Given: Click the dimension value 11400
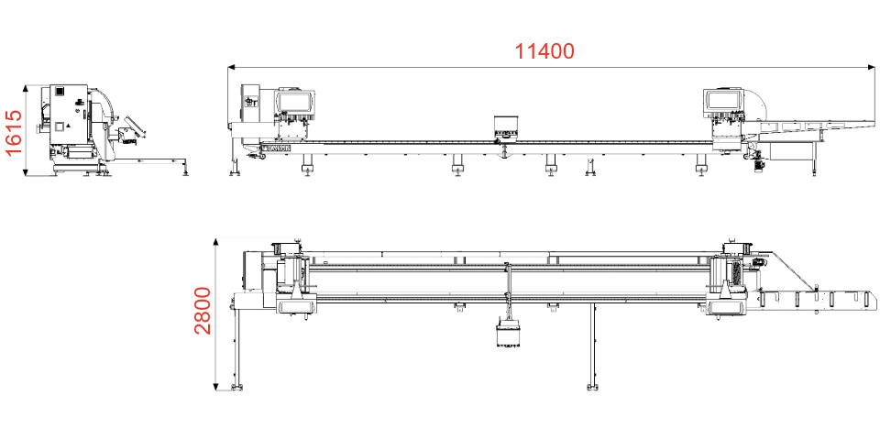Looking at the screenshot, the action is [x=544, y=51].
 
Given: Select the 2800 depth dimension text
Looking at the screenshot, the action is [x=202, y=311].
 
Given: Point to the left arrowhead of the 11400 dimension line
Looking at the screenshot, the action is [x=231, y=68].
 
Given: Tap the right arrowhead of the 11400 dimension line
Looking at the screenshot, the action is [x=872, y=68].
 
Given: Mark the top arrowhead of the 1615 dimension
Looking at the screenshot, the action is [x=26, y=89].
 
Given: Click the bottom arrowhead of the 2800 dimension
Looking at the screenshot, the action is [x=215, y=386].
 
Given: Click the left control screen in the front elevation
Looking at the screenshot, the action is [x=294, y=102].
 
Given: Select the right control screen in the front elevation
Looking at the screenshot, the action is [x=723, y=99].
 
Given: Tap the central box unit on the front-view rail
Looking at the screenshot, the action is [x=505, y=126].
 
